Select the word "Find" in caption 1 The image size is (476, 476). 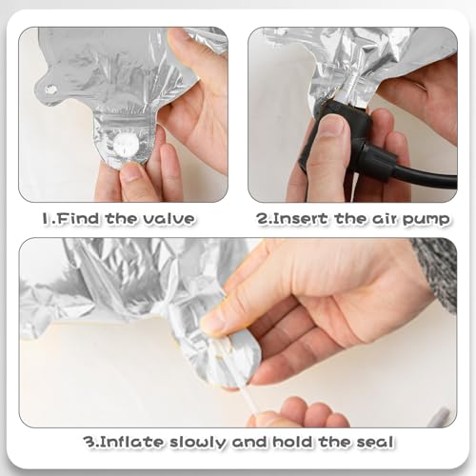(x=75, y=219)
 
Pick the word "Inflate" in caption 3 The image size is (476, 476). (x=131, y=442)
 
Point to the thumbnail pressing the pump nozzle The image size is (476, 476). (x=331, y=127)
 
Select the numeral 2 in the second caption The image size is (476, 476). (x=263, y=219)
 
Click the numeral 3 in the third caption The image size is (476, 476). (x=89, y=442)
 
